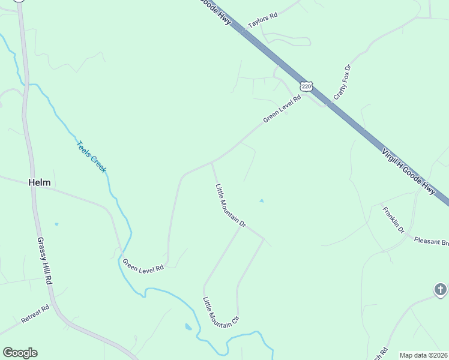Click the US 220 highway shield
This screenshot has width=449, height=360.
click(x=307, y=87)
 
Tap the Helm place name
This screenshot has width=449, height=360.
click(x=40, y=182)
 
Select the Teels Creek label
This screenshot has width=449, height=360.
click(x=91, y=157)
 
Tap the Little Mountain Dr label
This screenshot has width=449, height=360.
click(x=231, y=205)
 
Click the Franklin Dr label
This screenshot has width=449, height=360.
click(x=394, y=220)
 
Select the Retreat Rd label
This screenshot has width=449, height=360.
click(x=35, y=314)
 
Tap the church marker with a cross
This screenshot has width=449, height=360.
click(x=441, y=290)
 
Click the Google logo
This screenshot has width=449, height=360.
click(x=20, y=353)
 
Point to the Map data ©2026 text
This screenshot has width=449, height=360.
click(x=424, y=355)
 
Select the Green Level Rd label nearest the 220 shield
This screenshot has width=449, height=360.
click(x=282, y=110)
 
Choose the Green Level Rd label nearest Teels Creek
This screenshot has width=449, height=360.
click(x=143, y=266)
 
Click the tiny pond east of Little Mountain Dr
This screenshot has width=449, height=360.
click(x=261, y=201)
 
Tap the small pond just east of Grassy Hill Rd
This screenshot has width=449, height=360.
click(x=56, y=224)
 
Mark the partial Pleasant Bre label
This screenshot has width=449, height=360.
click(x=432, y=241)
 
